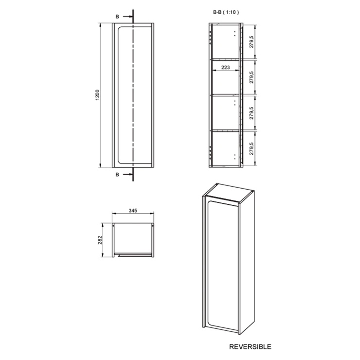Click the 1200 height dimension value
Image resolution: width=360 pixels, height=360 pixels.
click(97, 95)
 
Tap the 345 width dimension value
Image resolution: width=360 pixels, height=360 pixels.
click(133, 211)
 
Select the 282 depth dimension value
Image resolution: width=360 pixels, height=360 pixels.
click(100, 240)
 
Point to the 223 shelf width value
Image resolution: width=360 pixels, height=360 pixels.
click(225, 67)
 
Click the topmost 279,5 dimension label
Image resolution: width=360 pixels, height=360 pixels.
click(252, 41)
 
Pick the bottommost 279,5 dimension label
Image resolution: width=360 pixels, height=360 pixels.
click(252, 148)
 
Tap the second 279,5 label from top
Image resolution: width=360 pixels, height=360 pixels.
click(252, 77)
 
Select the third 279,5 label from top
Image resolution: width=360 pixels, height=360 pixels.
click(252, 113)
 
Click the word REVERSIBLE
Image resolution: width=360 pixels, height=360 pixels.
click(250, 347)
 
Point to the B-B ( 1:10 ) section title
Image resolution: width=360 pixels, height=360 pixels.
click(226, 12)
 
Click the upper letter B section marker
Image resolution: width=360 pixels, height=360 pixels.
click(117, 17)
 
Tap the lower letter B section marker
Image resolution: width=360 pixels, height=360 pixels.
click(117, 175)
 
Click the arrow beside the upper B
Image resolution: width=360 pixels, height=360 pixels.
click(127, 17)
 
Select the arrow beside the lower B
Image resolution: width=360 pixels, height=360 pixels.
click(127, 175)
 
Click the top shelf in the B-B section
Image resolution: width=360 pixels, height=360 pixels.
click(226, 59)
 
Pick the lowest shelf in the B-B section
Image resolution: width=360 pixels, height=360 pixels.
click(226, 131)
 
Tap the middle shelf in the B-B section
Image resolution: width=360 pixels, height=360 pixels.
click(226, 94)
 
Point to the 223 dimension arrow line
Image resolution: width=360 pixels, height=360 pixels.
click(225, 71)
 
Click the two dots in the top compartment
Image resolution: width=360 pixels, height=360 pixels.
click(234, 34)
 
